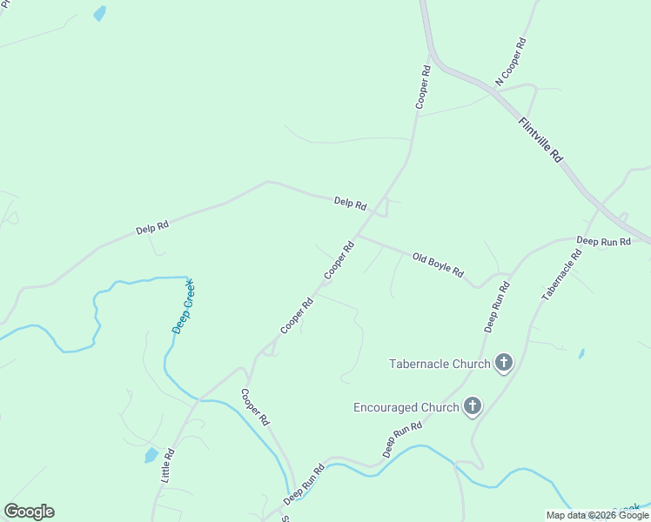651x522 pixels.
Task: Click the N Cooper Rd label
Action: click(512, 61)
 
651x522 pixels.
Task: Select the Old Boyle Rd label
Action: click(438, 263)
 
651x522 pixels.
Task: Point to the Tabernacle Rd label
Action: click(560, 276)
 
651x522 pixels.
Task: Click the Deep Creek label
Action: click(183, 305)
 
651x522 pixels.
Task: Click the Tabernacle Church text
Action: click(440, 364)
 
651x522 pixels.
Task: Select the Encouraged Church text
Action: click(406, 407)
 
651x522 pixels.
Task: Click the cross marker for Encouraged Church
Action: click(472, 405)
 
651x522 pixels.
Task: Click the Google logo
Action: click(29, 512)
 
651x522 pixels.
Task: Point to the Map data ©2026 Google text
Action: click(597, 515)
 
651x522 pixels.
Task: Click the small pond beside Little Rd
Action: click(151, 455)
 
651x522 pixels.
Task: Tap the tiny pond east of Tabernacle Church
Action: click(581, 354)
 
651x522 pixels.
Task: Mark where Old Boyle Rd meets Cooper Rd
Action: click(357, 235)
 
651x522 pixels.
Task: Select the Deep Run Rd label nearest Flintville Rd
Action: click(602, 241)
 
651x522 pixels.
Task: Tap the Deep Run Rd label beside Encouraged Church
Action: click(402, 440)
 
